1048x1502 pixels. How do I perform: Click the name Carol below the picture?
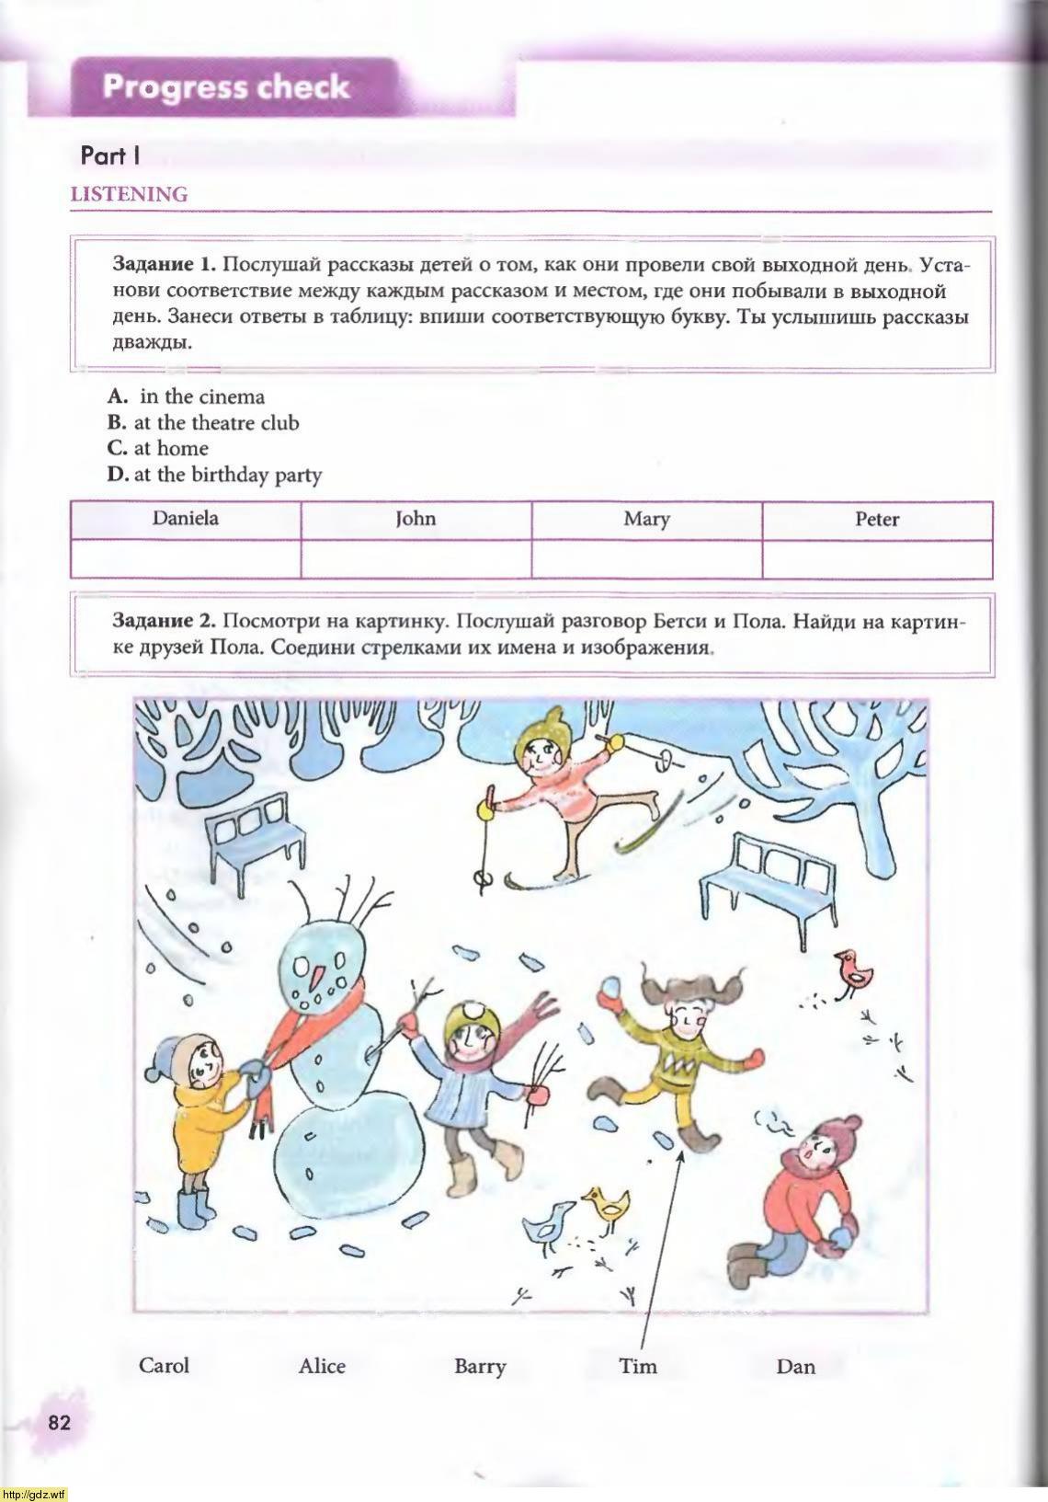click(164, 1364)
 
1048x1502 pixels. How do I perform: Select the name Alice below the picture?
click(322, 1366)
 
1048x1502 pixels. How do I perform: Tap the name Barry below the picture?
click(480, 1366)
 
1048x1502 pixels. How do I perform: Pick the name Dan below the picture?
click(795, 1366)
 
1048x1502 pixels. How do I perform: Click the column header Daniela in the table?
click(186, 519)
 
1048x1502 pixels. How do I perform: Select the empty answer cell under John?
click(416, 558)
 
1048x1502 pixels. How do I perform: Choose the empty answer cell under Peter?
click(877, 558)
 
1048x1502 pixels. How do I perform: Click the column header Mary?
click(646, 519)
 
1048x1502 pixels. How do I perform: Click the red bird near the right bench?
click(855, 972)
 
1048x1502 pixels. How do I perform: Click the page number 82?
click(59, 1422)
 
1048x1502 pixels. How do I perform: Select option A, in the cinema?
click(188, 396)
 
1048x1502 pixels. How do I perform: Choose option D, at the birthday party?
click(216, 475)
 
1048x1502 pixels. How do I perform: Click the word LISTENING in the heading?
click(129, 194)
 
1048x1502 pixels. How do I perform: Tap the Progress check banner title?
click(226, 87)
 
